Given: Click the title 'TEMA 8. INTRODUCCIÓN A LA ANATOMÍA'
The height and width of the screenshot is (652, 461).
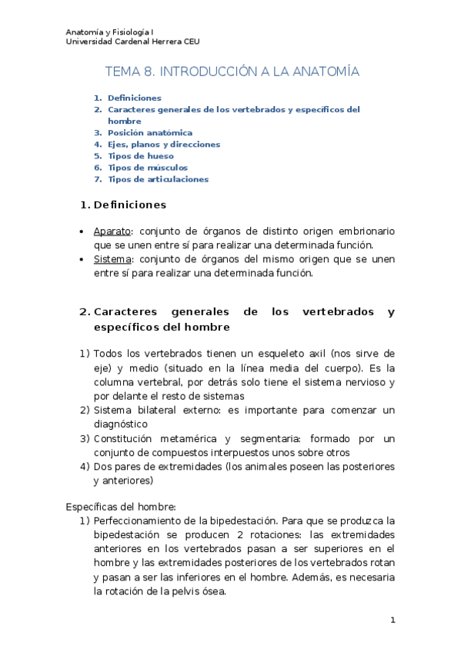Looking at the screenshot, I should (x=232, y=72).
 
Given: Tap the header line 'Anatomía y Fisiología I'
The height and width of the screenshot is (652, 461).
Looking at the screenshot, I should (x=109, y=32).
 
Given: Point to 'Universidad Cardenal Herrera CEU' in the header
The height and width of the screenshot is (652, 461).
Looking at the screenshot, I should (x=132, y=42).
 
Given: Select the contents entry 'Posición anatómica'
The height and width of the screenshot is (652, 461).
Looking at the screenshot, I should (x=150, y=132).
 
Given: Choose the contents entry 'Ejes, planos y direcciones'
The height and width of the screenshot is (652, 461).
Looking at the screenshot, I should (x=164, y=144).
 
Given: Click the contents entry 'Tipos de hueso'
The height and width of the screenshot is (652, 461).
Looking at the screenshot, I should (x=141, y=155).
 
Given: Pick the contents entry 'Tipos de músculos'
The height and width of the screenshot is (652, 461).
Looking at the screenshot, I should (x=148, y=167).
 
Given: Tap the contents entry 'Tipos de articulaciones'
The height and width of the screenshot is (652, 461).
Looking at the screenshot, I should (x=158, y=179).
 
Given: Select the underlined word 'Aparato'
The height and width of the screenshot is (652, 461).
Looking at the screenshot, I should (x=111, y=231).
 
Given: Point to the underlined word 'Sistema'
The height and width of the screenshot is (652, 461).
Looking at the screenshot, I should (x=111, y=259).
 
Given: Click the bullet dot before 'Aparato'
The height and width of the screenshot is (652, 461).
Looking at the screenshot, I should (x=83, y=231).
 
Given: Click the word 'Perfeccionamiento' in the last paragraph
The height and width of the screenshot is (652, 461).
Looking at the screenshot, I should (x=135, y=521).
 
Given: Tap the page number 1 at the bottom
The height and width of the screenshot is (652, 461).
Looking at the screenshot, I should (x=392, y=620).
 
